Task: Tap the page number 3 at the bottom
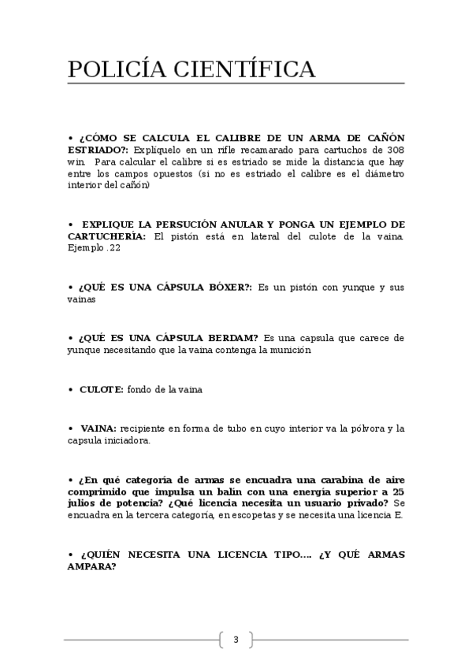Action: click(x=235, y=639)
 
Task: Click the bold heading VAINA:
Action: click(x=98, y=429)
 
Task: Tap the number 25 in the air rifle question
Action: click(x=398, y=491)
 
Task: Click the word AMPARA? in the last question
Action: click(x=92, y=566)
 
